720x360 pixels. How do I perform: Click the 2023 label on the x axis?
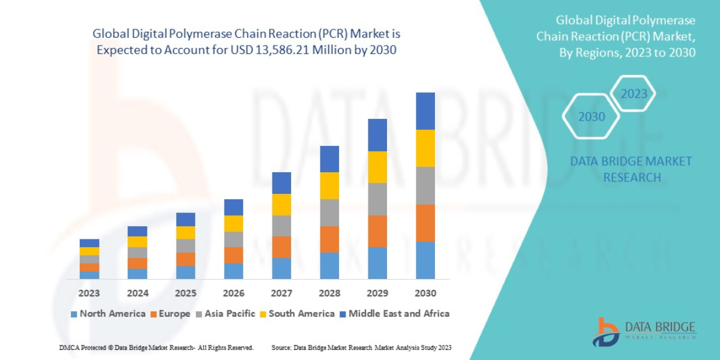(89, 293)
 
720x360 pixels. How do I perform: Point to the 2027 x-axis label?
(281, 293)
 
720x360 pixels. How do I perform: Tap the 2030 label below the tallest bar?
(425, 293)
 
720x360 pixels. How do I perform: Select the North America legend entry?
(108, 314)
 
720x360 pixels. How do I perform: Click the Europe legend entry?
(170, 314)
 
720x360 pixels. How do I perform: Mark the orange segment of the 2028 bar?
(329, 239)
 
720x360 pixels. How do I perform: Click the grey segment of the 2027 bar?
(281, 226)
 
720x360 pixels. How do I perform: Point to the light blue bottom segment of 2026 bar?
(233, 271)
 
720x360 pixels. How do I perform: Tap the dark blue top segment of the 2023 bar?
(89, 243)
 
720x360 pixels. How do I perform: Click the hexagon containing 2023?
(634, 94)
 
